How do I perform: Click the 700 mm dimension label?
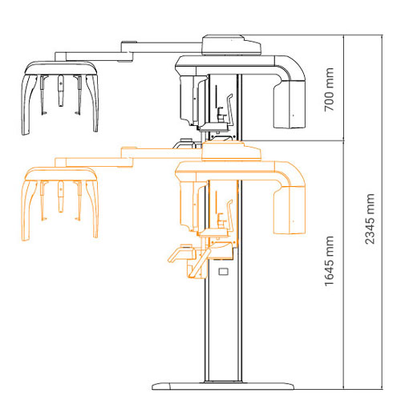[329, 89]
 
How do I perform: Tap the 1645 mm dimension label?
[329, 261]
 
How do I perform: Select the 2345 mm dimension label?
[370, 219]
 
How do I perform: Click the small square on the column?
[224, 272]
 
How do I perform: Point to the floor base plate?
[223, 386]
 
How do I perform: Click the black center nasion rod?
[61, 91]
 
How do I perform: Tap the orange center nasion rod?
[61, 196]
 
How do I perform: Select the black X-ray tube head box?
[290, 104]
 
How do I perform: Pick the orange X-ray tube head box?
[290, 210]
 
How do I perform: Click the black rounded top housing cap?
[231, 45]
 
